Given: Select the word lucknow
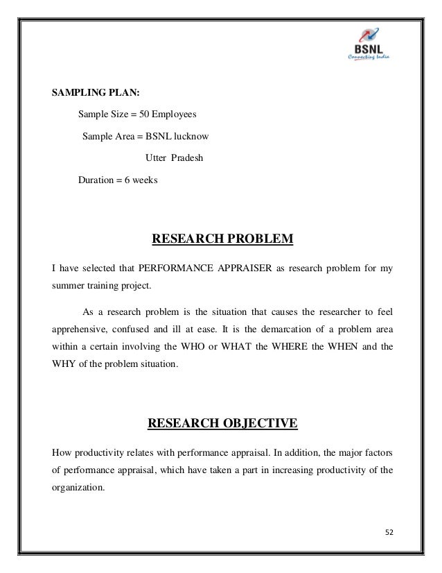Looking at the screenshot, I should pyautogui.click(x=188, y=136).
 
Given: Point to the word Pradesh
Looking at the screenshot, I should pyautogui.click(x=187, y=158).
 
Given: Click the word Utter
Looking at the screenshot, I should pyautogui.click(x=156, y=158).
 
